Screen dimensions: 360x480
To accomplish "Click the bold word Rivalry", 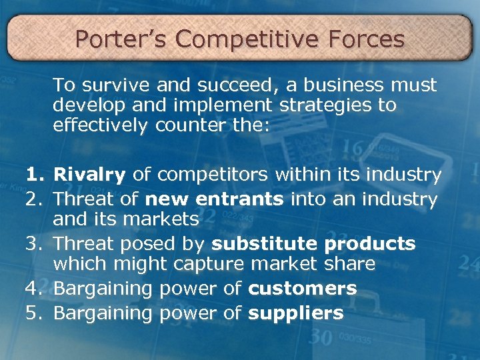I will [x=89, y=175].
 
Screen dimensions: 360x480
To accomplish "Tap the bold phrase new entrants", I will [x=215, y=199].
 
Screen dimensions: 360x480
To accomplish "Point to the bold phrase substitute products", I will [x=314, y=244].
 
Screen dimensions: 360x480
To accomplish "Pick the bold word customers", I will [x=303, y=289].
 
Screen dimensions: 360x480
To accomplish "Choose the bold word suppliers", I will [x=296, y=313].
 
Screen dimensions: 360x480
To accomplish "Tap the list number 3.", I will [x=33, y=244].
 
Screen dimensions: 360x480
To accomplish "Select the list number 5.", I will [x=33, y=313].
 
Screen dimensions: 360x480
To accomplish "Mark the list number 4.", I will [x=33, y=289].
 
